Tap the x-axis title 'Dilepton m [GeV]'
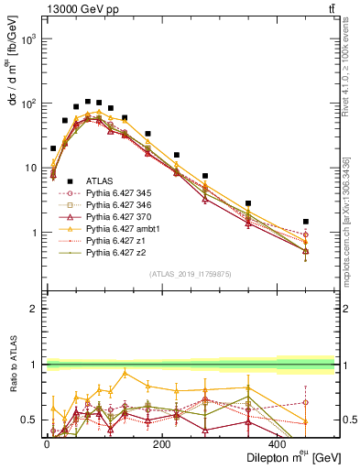click(x=291, y=457)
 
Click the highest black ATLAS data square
click(x=88, y=102)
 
